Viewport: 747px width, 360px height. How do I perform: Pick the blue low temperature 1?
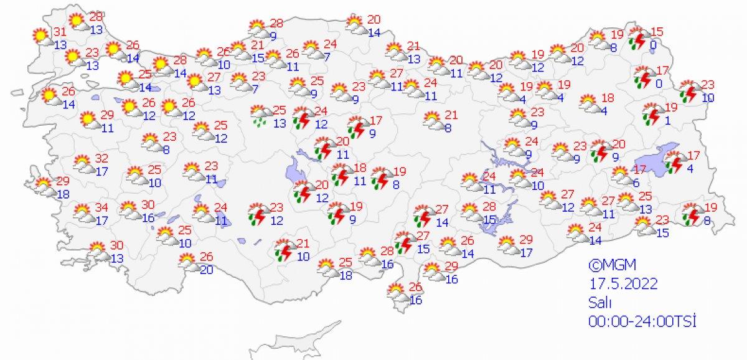(x=667, y=121)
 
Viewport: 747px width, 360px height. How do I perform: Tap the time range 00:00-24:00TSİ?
(x=642, y=321)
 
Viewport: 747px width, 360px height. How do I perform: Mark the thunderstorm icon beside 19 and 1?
(x=651, y=114)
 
